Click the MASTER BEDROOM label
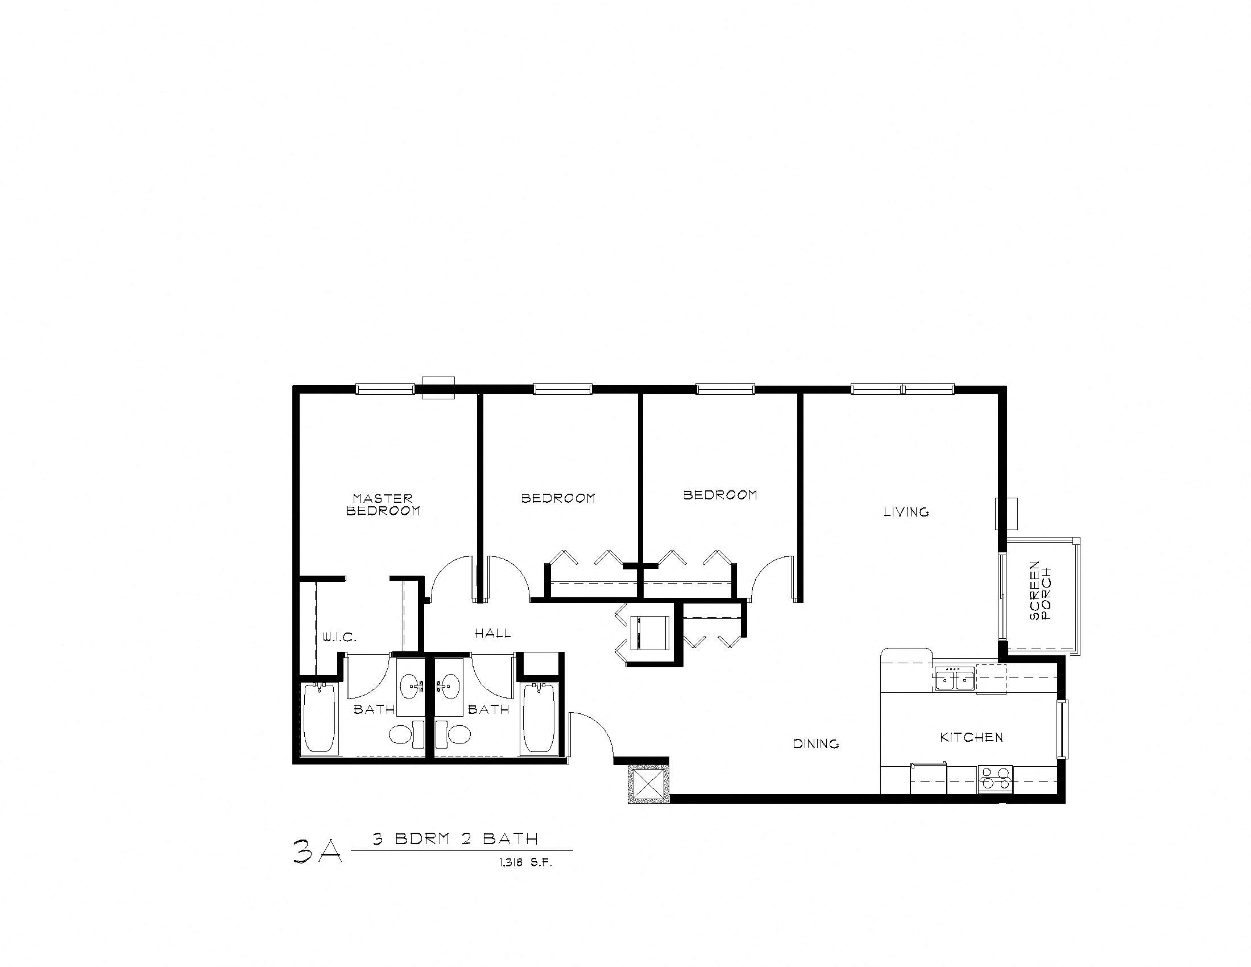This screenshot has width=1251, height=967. pyautogui.click(x=383, y=505)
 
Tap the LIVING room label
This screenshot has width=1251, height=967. pyautogui.click(x=906, y=512)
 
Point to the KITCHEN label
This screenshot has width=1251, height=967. pyautogui.click(x=971, y=737)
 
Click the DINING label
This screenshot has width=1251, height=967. pyautogui.click(x=815, y=744)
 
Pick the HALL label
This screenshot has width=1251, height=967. pyautogui.click(x=492, y=633)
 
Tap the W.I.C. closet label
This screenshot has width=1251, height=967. pyautogui.click(x=339, y=637)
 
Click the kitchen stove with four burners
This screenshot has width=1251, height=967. pyautogui.click(x=995, y=779)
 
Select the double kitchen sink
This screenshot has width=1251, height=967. pyautogui.click(x=954, y=680)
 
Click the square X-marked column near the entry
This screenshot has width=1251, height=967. pyautogui.click(x=648, y=783)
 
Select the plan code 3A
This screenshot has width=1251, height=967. pyautogui.click(x=317, y=852)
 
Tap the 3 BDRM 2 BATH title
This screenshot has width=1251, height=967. pyautogui.click(x=455, y=839)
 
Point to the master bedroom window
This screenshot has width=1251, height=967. pyautogui.click(x=385, y=390)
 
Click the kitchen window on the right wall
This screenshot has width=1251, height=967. pyautogui.click(x=1063, y=729)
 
